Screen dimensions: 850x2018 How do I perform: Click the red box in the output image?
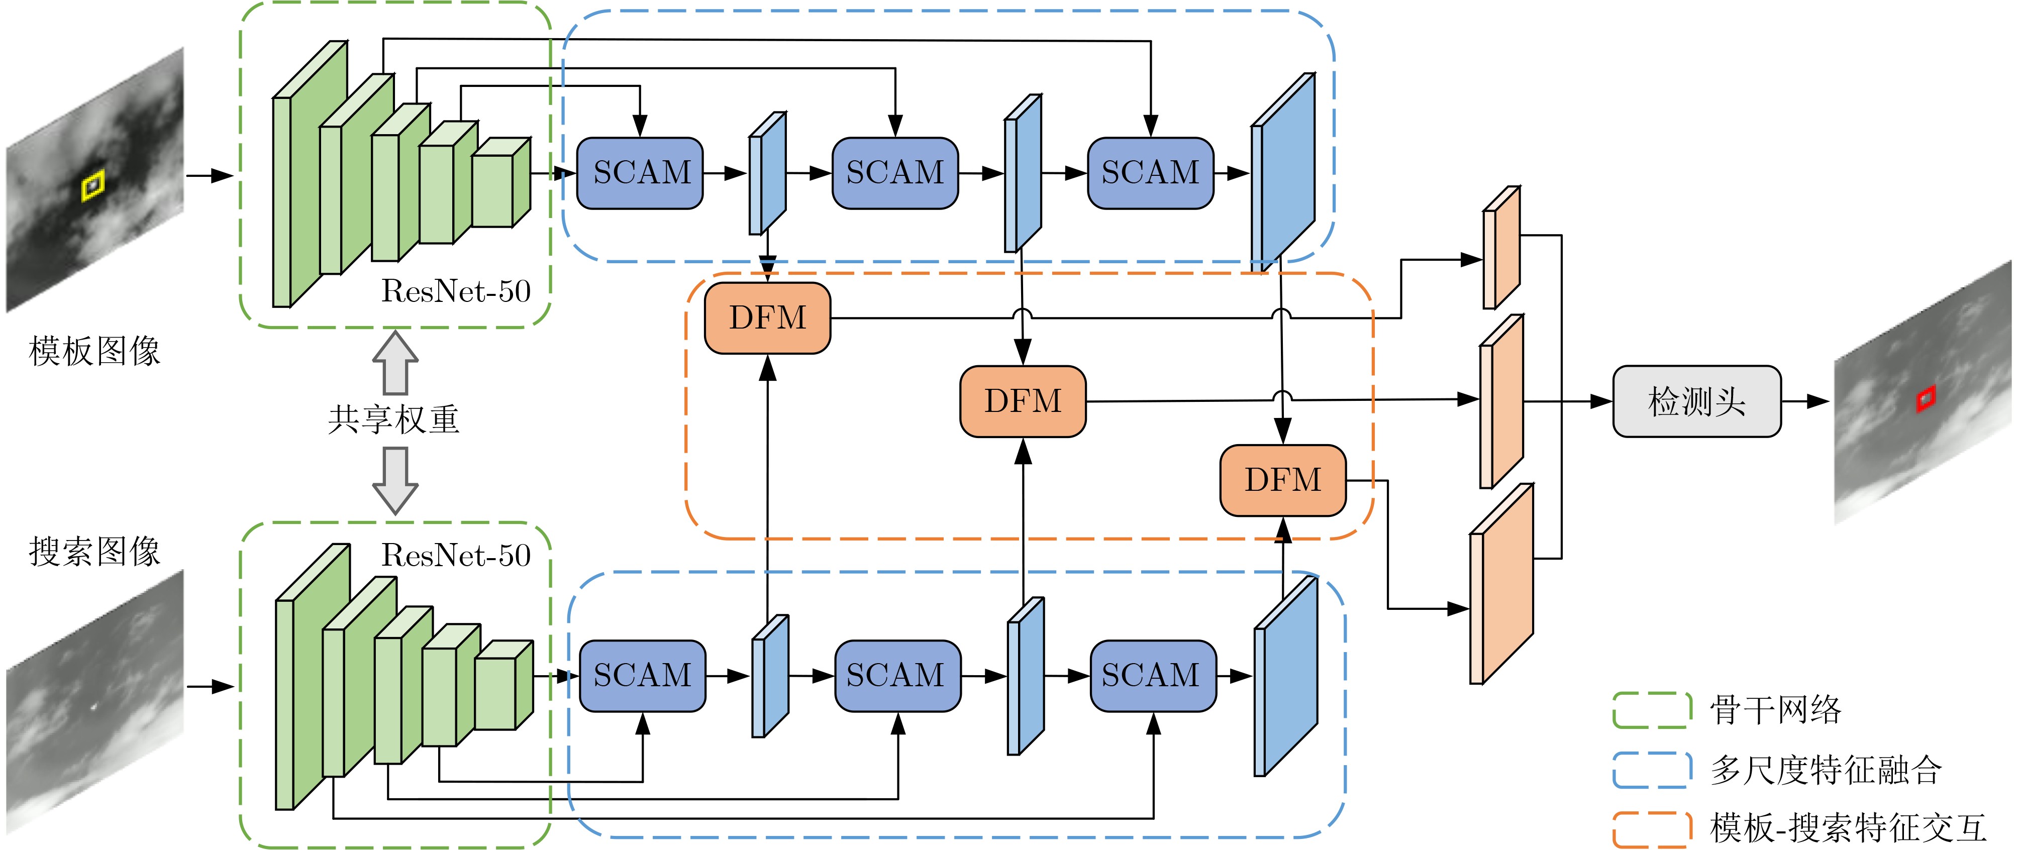1926,398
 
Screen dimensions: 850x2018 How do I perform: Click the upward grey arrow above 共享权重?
395,362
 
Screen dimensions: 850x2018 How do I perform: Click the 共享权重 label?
393,419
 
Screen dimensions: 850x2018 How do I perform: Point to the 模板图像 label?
94,351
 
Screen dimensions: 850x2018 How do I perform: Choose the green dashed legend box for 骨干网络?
1651,710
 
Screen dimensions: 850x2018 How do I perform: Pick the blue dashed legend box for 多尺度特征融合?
1651,770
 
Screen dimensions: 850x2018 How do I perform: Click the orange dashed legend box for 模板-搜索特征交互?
1651,829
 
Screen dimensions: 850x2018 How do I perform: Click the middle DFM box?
1023,401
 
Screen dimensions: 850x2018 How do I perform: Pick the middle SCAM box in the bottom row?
897,675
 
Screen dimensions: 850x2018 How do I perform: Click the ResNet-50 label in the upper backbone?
456,291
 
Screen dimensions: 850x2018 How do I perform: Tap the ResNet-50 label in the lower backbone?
456,556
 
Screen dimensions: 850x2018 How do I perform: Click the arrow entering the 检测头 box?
1590,401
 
